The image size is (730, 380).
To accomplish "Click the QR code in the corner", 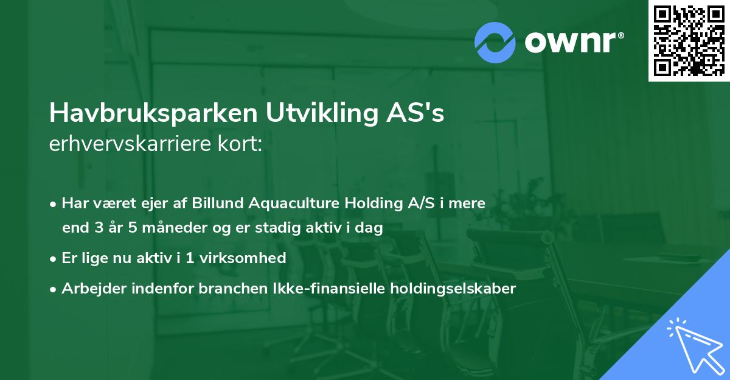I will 689,40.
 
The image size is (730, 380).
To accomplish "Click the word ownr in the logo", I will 572,41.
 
